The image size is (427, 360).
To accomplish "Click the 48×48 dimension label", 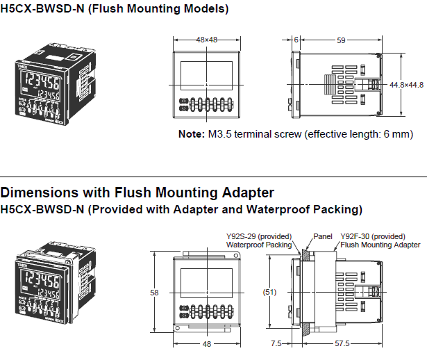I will pyautogui.click(x=207, y=40).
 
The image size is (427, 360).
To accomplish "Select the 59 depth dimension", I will pyautogui.click(x=341, y=40).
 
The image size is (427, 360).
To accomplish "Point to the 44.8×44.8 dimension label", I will pyautogui.click(x=406, y=85).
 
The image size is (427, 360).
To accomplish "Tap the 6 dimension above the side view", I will pyautogui.click(x=296, y=40).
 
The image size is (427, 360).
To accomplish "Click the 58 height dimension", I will pyautogui.click(x=154, y=293).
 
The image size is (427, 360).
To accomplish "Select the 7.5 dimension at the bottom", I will pyautogui.click(x=276, y=343).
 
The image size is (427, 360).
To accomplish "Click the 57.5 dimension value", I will pyautogui.click(x=342, y=343).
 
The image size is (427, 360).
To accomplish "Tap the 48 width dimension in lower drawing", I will pyautogui.click(x=207, y=343).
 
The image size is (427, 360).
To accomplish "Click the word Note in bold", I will pyautogui.click(x=191, y=133).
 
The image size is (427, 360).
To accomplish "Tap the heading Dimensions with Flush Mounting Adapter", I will pyautogui.click(x=137, y=193).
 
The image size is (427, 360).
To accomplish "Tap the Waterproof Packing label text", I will pyautogui.click(x=259, y=244).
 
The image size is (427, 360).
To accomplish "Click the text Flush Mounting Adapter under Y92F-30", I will pyautogui.click(x=380, y=244).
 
